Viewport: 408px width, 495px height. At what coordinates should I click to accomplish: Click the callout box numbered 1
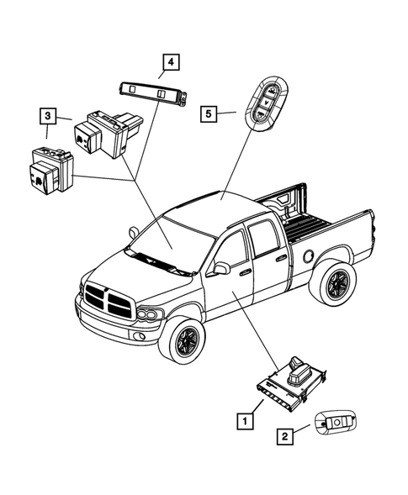244,418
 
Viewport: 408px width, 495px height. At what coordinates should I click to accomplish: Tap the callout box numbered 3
49,115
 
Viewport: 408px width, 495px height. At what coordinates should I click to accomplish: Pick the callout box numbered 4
170,61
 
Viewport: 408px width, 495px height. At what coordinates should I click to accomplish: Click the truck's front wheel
181,340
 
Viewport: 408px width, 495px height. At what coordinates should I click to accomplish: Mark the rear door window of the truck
267,240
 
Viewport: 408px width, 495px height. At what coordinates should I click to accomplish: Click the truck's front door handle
245,272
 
